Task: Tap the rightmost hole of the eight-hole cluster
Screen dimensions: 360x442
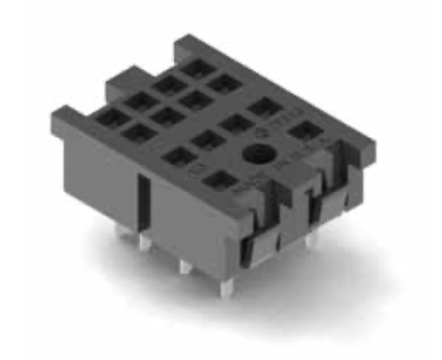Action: [x=225, y=85]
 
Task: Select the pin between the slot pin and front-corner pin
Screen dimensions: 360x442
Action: [x=184, y=264]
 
